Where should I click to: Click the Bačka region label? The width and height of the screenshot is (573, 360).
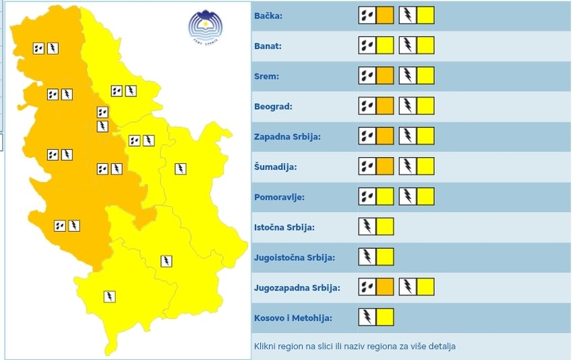269,16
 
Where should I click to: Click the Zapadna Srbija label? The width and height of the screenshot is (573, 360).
287,137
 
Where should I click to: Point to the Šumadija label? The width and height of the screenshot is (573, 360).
275,167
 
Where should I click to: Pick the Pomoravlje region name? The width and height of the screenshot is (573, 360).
279,197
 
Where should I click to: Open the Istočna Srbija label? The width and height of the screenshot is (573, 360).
284,227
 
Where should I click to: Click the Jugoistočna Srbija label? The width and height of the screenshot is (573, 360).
294,258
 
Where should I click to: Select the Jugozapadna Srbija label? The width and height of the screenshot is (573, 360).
297,288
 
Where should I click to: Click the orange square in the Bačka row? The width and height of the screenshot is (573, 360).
384,16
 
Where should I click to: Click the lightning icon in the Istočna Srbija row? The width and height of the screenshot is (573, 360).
367,227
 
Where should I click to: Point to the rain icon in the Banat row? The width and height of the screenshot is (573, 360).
367,46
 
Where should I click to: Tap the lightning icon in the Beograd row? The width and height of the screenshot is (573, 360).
408,107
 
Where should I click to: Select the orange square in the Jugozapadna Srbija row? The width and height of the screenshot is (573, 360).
384,288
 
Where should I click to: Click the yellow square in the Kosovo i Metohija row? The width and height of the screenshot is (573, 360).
384,318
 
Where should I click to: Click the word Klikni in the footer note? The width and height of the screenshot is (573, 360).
266,347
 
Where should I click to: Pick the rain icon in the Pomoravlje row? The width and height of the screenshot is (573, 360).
367,197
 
